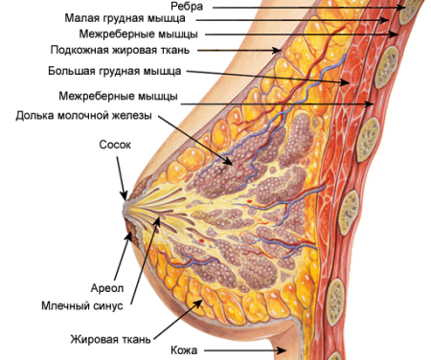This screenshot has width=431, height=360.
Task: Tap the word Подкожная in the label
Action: (79, 50)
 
